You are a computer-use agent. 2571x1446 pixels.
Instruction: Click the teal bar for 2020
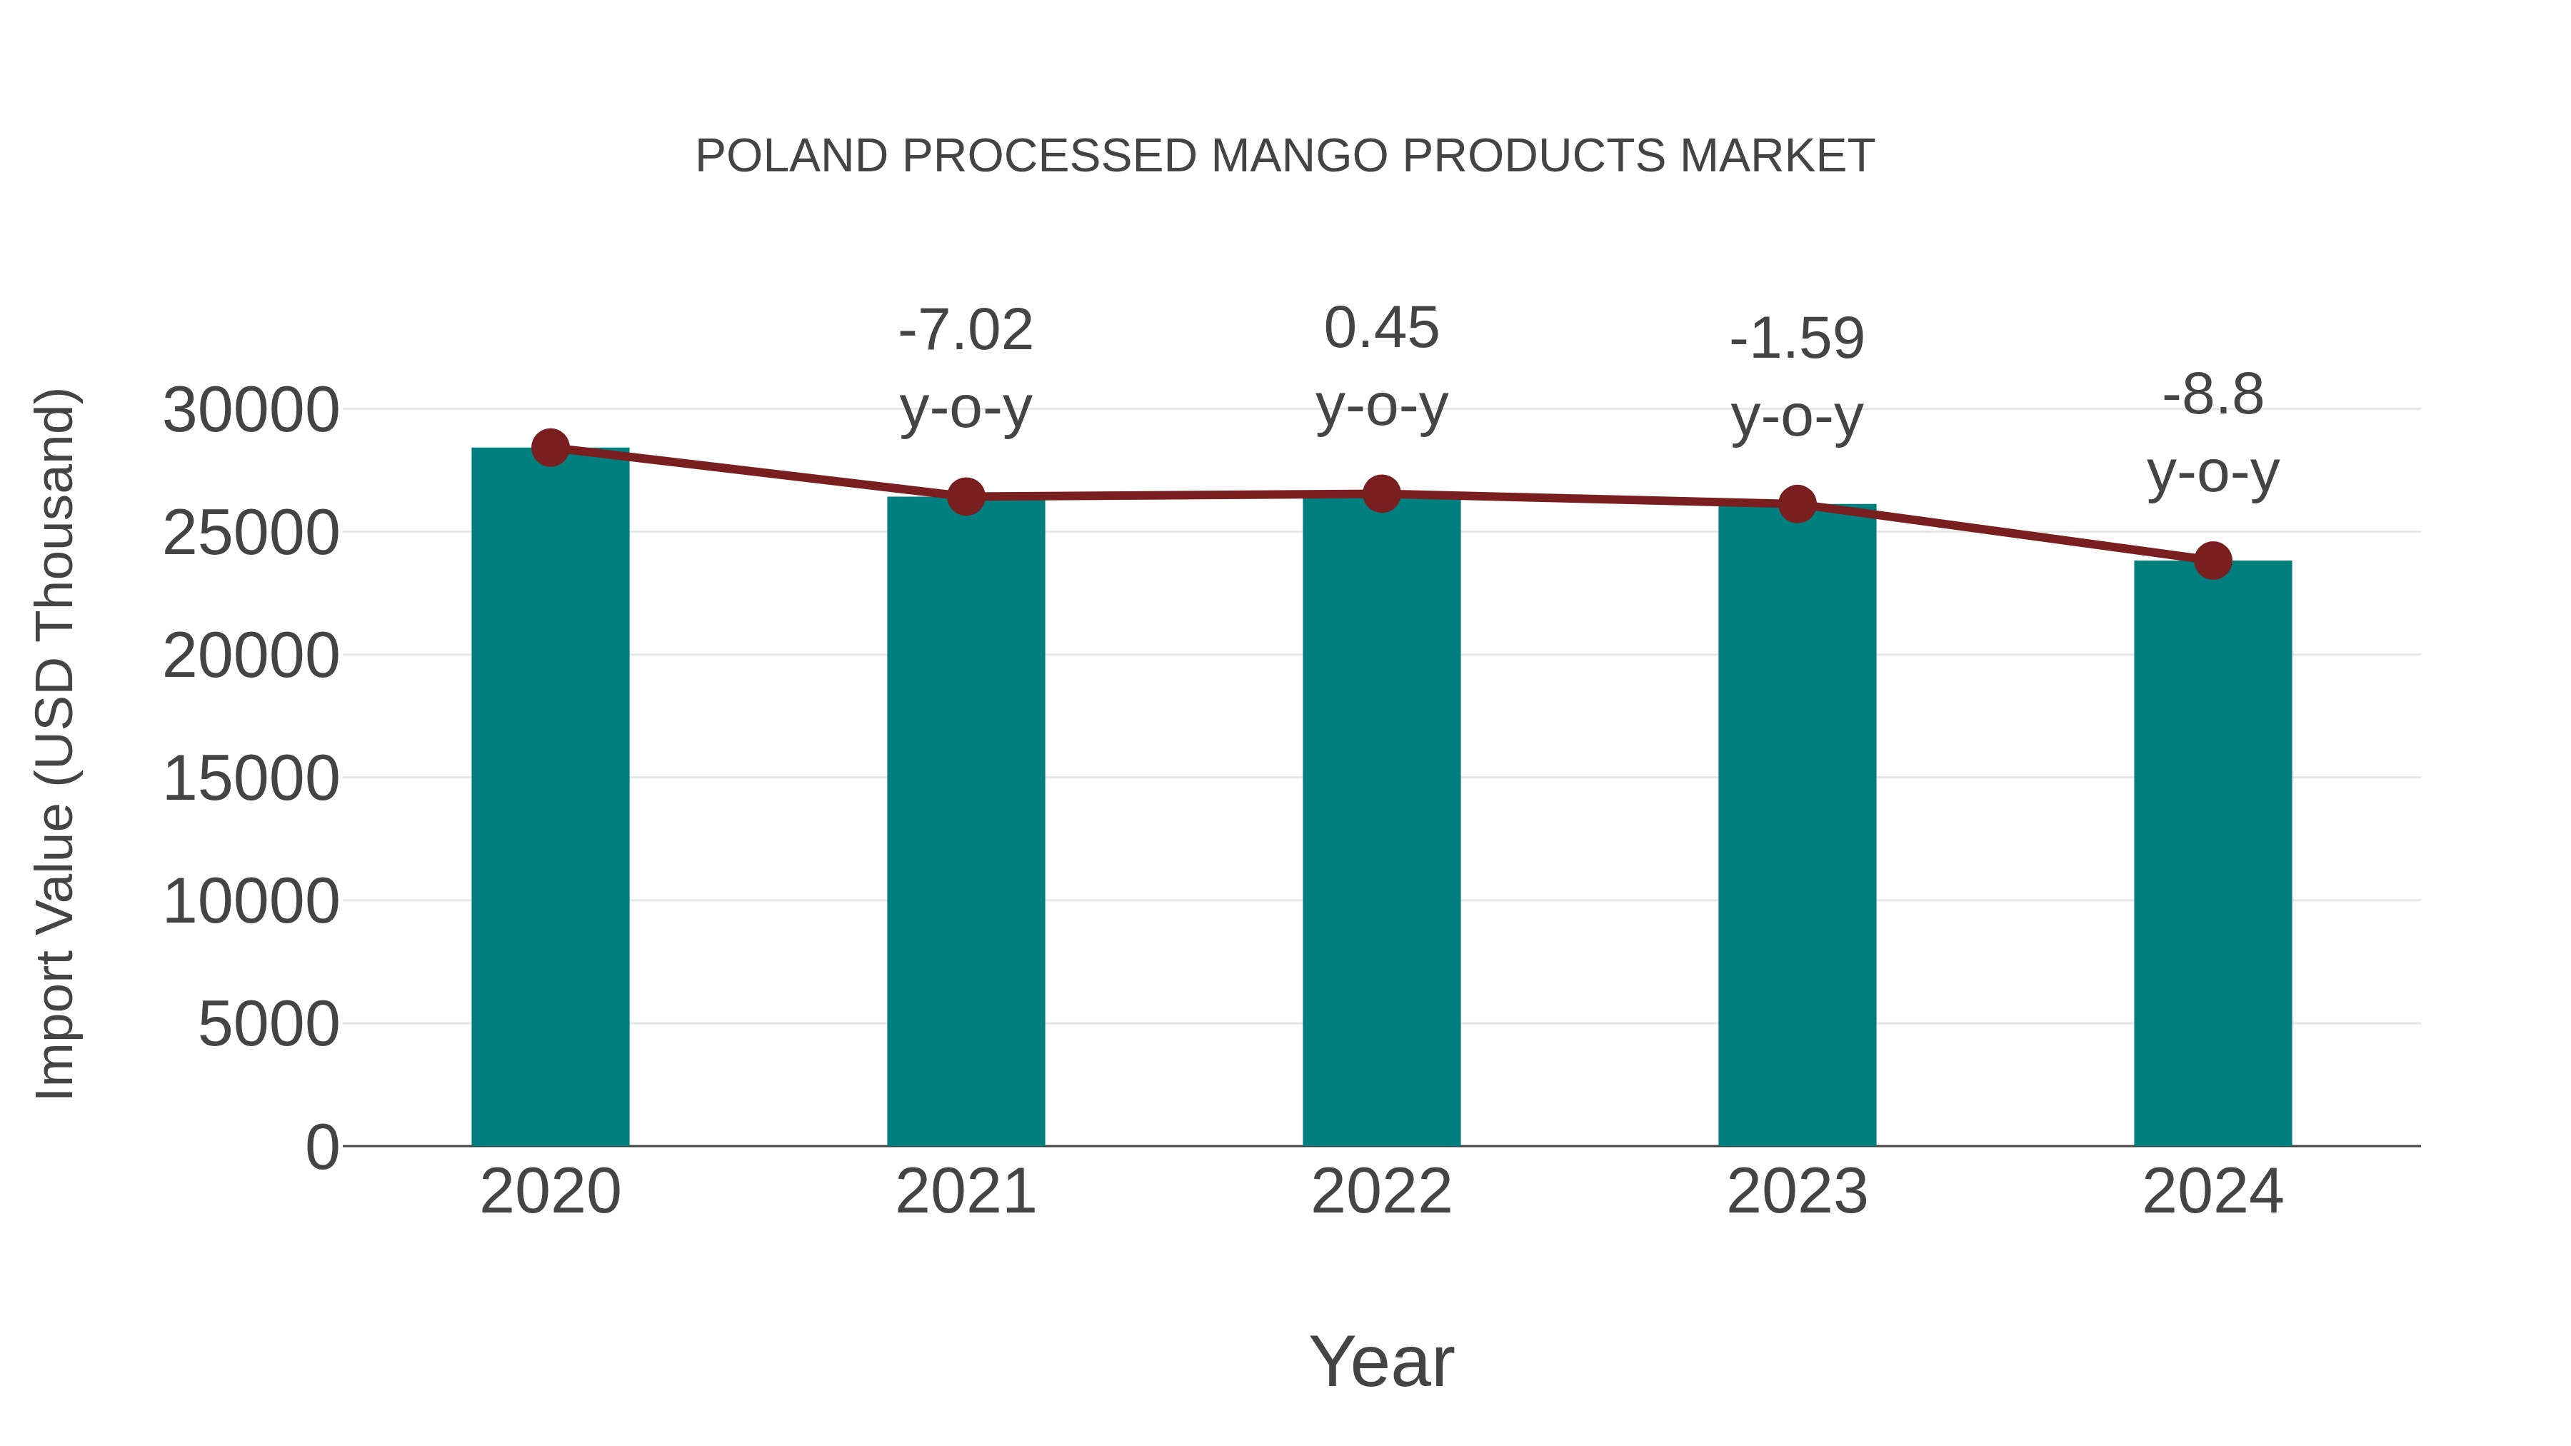click(x=550, y=798)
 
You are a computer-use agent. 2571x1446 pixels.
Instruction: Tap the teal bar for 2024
click(x=2212, y=853)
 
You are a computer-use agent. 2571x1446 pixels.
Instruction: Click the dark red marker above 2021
click(x=965, y=496)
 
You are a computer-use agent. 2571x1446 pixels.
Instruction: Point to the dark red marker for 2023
click(x=1797, y=504)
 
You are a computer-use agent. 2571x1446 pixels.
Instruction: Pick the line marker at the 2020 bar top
click(x=550, y=448)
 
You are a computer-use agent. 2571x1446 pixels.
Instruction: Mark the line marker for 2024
click(x=2212, y=561)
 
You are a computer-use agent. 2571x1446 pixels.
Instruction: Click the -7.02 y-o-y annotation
click(x=965, y=369)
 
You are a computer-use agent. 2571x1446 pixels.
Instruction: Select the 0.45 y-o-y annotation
click(x=1381, y=367)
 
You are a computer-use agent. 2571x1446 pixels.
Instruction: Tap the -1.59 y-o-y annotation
click(x=1797, y=377)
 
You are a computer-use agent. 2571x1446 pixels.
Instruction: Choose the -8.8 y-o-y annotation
click(x=2212, y=433)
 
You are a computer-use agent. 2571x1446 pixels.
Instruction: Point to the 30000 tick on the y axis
click(x=251, y=410)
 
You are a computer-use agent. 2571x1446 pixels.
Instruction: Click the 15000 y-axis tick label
click(x=251, y=778)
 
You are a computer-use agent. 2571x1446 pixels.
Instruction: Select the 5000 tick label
click(x=269, y=1024)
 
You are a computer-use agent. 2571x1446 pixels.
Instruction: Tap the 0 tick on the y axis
click(x=321, y=1147)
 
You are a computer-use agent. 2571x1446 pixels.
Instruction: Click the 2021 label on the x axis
click(x=965, y=1192)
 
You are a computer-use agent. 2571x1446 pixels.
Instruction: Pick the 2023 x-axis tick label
click(x=1797, y=1192)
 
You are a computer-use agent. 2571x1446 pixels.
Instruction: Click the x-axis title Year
click(x=1381, y=1361)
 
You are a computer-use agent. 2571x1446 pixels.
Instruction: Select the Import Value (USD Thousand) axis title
click(x=56, y=743)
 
